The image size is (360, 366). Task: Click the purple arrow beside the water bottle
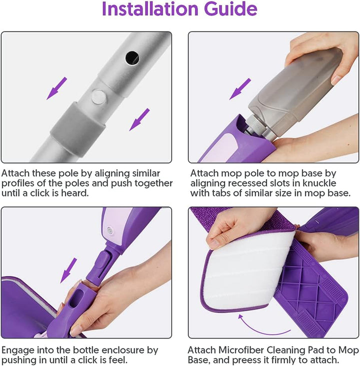(x=240, y=88)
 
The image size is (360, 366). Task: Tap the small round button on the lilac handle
(x=108, y=231)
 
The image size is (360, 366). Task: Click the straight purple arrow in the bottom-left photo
(x=69, y=270)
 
